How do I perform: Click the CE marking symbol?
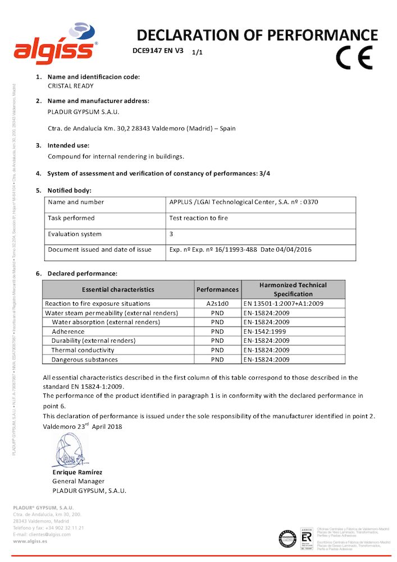[x=354, y=57]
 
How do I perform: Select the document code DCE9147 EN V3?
[x=158, y=50]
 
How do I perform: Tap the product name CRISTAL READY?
[x=71, y=86]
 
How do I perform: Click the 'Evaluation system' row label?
[x=75, y=234]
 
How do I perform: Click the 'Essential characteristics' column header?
[x=118, y=289]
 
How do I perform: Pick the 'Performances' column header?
[x=217, y=289]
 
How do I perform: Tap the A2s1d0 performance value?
[x=217, y=303]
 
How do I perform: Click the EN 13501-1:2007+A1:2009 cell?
[x=283, y=303]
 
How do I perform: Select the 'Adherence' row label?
[x=68, y=332]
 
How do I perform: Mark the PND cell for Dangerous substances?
[x=217, y=360]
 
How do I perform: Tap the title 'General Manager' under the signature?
[x=78, y=481]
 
